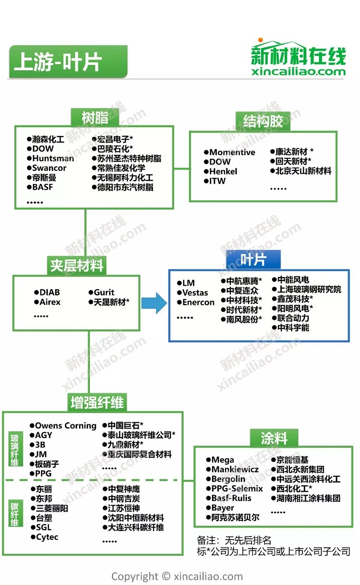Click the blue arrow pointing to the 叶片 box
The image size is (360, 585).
click(154, 303)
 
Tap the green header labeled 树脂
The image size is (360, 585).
click(95, 117)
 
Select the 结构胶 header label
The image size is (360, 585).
click(263, 121)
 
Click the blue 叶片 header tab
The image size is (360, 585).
click(253, 259)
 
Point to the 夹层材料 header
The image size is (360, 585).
click(76, 266)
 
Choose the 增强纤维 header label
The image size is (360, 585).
click(97, 402)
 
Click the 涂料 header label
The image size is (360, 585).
click(274, 438)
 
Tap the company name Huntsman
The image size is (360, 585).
click(53, 158)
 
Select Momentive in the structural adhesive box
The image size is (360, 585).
click(232, 152)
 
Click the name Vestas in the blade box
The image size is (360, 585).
click(195, 292)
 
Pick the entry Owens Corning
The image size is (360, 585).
click(66, 426)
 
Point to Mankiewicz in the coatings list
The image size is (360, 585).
click(235, 469)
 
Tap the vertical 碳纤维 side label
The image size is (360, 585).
click(15, 513)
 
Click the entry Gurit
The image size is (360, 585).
click(104, 292)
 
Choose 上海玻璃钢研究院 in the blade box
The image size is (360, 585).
click(309, 290)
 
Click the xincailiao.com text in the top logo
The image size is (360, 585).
click(298, 71)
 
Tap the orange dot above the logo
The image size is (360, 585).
click(261, 40)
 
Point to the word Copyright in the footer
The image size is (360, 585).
click(135, 576)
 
